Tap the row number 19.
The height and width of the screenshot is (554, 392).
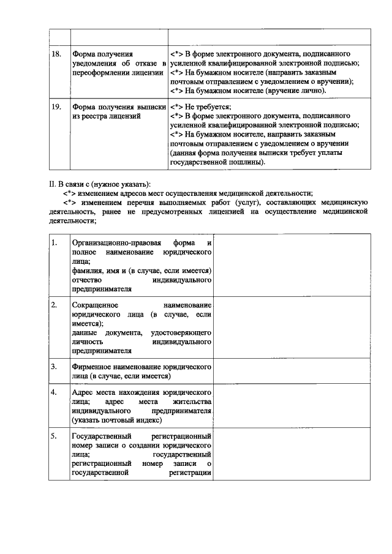pos(56,107)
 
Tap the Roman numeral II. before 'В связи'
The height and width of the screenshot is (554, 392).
pos(52,184)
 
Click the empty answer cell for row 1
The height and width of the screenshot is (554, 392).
pos(293,265)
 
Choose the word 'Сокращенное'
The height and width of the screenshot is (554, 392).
pos(92,305)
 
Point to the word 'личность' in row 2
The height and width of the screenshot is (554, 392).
pos(87,342)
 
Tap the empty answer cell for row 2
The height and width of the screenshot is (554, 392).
pos(293,328)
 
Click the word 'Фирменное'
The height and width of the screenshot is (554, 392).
pos(90,367)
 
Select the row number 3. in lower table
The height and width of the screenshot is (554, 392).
pos(55,367)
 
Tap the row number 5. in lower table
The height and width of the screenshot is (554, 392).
pos(55,436)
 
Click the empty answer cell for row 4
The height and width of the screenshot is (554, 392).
pos(293,406)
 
